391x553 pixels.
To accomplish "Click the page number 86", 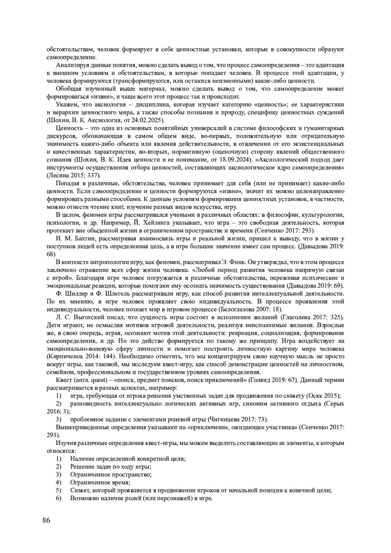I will coord(46,520).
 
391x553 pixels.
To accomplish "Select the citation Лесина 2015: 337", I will coord(73,176).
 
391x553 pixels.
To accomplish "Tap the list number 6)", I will coord(59,498).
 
